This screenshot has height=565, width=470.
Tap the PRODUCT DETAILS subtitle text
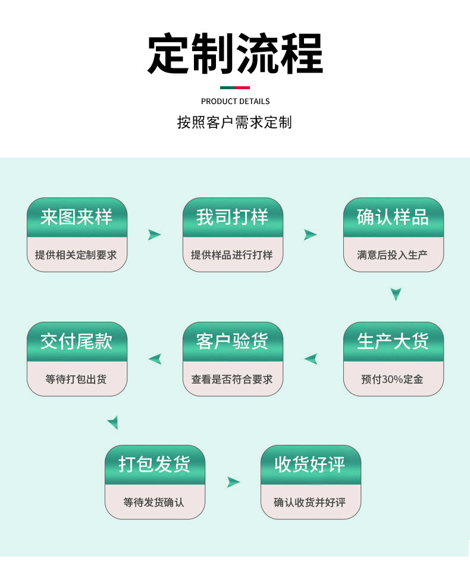click(x=235, y=101)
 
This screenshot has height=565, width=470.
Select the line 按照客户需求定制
click(x=235, y=123)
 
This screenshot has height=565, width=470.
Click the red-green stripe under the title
click(x=235, y=87)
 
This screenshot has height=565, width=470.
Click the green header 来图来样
click(x=77, y=217)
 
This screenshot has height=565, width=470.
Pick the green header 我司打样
click(x=233, y=217)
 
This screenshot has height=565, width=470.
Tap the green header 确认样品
click(x=393, y=217)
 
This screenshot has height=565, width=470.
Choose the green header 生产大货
click(x=393, y=341)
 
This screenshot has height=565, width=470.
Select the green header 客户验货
click(x=233, y=341)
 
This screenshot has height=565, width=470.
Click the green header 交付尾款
click(x=77, y=341)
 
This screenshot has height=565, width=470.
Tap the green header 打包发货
click(x=155, y=464)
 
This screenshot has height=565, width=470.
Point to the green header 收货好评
click(x=311, y=464)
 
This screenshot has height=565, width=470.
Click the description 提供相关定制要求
click(x=77, y=255)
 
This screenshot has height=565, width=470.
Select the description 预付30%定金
click(x=393, y=379)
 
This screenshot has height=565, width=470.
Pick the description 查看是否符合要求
click(x=233, y=379)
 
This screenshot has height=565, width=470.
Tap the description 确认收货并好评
click(x=311, y=503)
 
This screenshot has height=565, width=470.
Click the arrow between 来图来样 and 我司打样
click(x=155, y=235)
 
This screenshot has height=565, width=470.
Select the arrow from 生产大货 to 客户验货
click(x=311, y=359)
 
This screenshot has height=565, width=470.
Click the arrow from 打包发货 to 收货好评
click(x=233, y=482)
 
